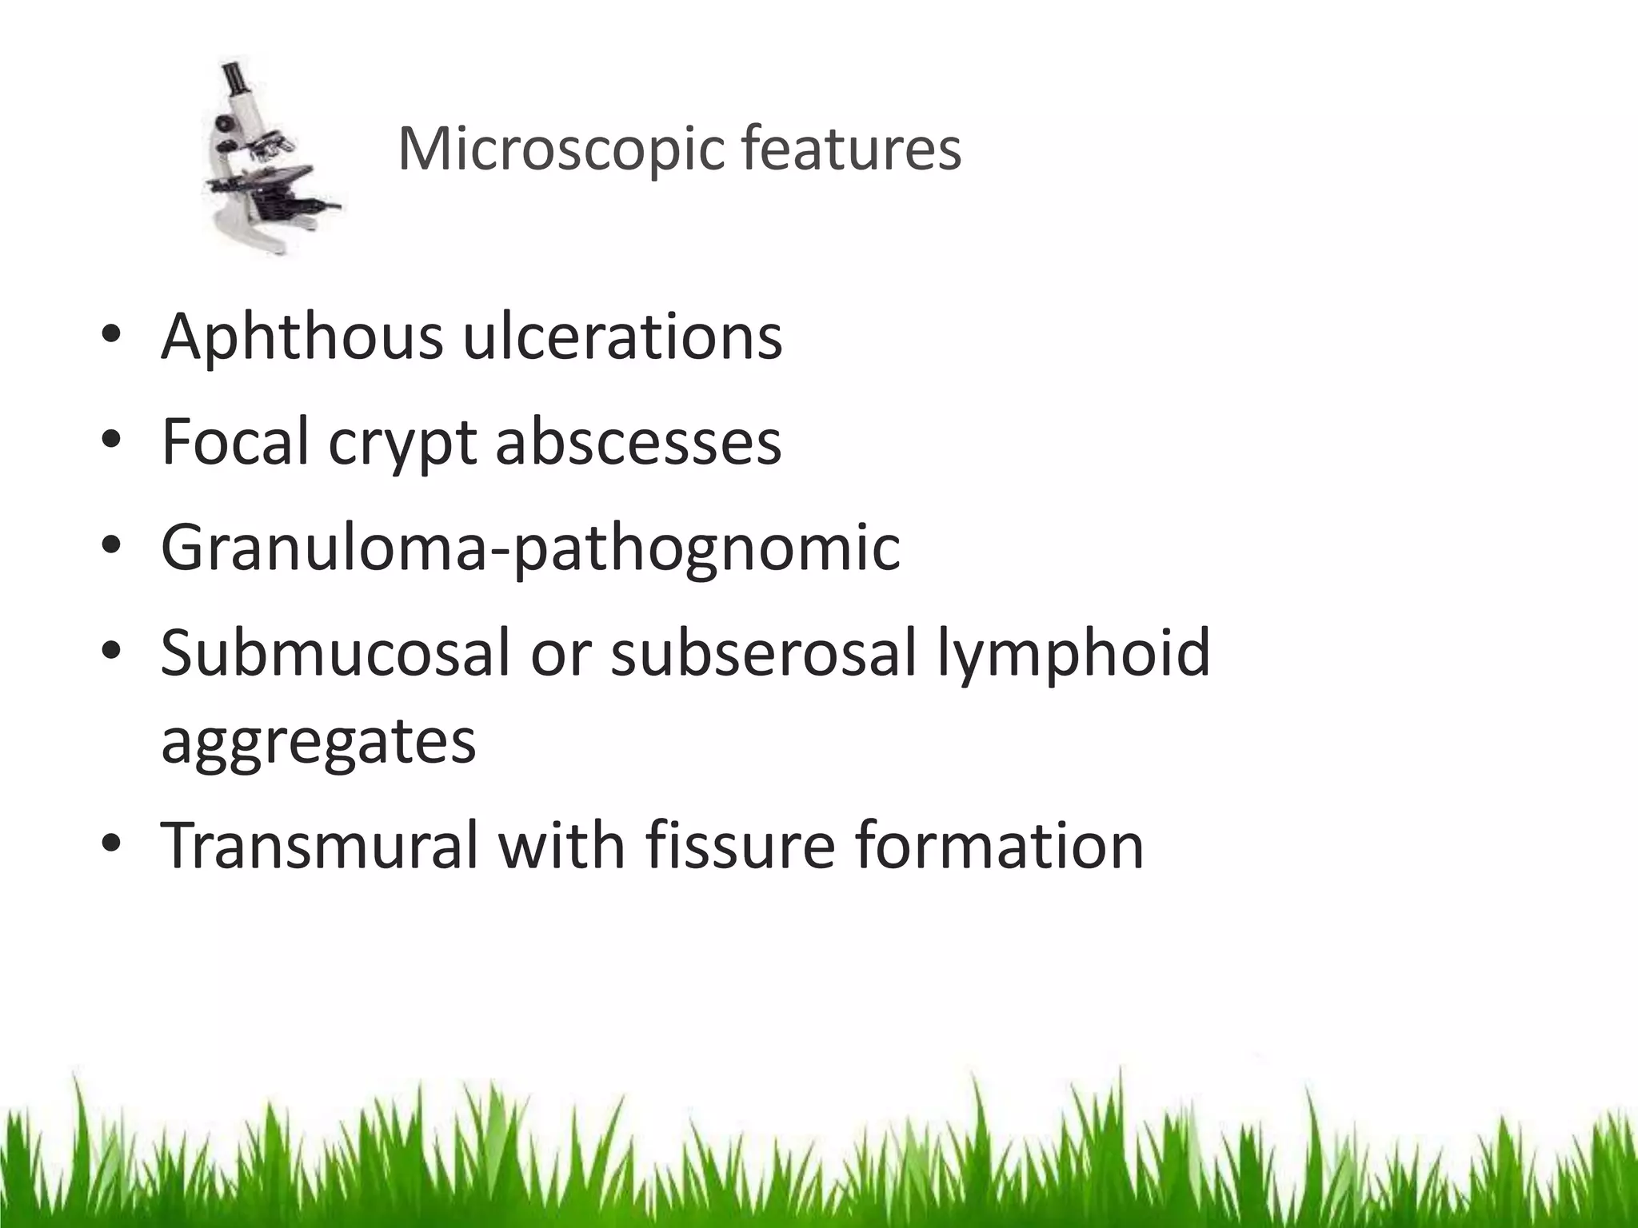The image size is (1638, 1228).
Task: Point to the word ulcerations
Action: (x=622, y=337)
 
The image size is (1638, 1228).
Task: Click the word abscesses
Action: (x=638, y=442)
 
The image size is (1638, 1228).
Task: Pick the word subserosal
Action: (x=763, y=652)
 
